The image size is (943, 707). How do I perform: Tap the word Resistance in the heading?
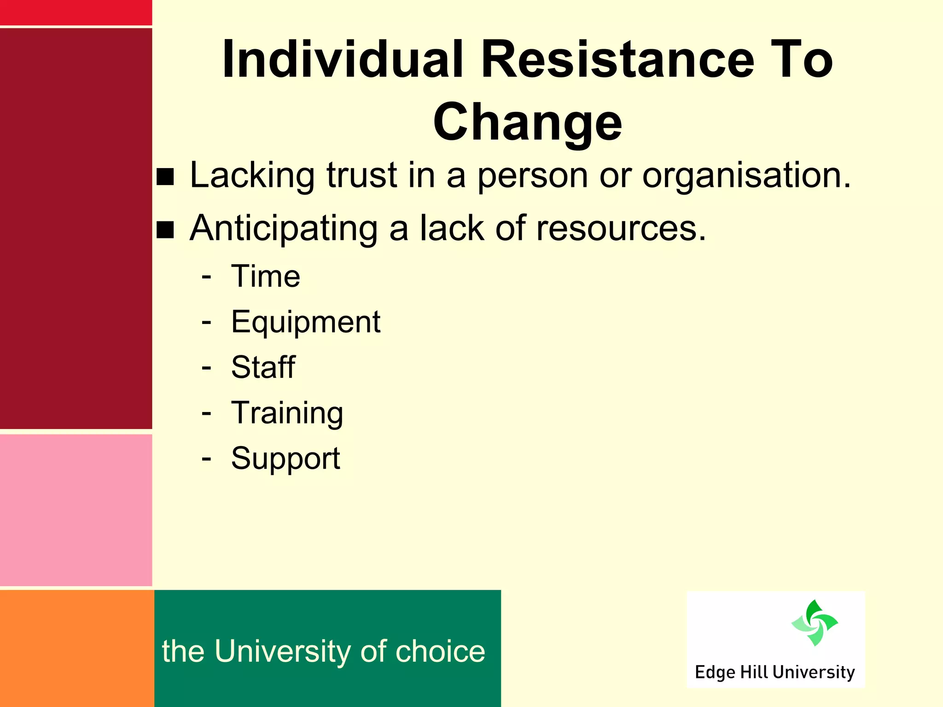[x=617, y=60]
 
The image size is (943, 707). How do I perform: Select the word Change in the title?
[x=527, y=122]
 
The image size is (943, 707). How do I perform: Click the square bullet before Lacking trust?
[x=165, y=177]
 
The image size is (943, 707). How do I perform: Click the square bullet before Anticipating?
[x=165, y=230]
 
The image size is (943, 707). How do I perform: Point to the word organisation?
[x=746, y=176]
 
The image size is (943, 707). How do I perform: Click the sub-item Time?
[x=266, y=277]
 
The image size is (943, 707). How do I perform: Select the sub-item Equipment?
[x=306, y=322]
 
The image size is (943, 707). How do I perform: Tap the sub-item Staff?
[x=263, y=367]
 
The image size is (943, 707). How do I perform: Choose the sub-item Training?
[x=287, y=413]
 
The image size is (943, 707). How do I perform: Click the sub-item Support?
[x=285, y=458]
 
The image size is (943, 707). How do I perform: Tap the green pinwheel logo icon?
[x=814, y=623]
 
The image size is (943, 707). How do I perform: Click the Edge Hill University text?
[x=774, y=672]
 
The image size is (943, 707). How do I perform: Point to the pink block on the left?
[x=76, y=510]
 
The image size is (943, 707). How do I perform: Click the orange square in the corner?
[x=76, y=648]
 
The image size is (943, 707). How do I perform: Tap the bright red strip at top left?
[x=76, y=12]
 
